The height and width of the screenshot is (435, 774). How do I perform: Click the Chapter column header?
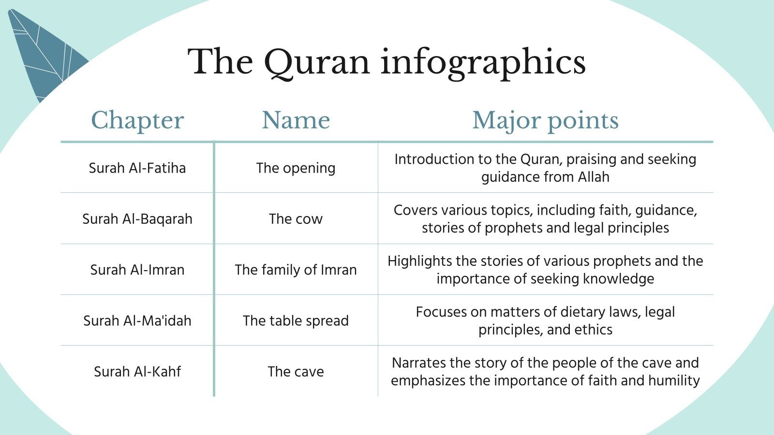point(137,120)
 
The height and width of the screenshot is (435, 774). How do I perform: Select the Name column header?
point(296,120)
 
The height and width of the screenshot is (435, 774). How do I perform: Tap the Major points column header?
point(545,120)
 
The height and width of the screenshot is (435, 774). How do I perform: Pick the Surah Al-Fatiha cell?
point(137,168)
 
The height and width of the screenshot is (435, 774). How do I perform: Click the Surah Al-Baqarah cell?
point(137,219)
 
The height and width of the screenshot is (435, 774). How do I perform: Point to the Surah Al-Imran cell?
point(137,270)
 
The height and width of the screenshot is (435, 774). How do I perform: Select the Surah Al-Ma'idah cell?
point(137,321)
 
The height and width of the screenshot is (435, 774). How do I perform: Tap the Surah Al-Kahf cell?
point(137,372)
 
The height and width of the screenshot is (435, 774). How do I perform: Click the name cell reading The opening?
point(296,168)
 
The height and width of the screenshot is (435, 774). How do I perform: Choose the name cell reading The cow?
point(296,219)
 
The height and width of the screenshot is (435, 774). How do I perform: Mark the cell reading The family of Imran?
point(296,270)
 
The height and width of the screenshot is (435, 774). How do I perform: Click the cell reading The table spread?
point(296,321)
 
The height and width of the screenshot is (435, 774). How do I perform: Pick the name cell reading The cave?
point(296,372)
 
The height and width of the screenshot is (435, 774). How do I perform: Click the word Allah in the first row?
point(594,177)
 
